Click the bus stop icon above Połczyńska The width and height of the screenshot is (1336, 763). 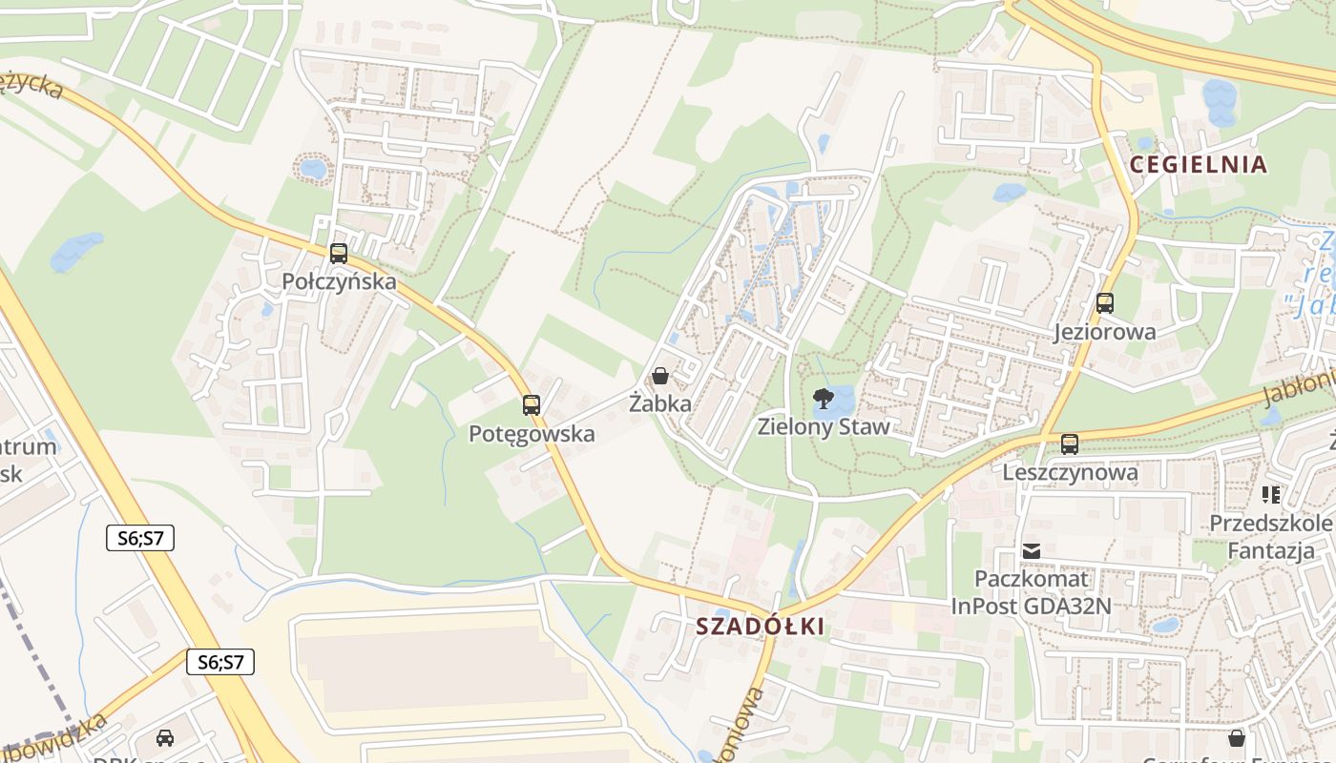(339, 254)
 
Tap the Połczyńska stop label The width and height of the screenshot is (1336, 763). (339, 281)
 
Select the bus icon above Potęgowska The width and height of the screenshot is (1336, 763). (532, 405)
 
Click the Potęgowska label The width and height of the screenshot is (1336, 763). (532, 434)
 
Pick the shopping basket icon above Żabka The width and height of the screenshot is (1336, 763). (659, 376)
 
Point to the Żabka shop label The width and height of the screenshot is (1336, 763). (660, 403)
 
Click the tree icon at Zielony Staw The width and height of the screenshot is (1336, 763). (821, 398)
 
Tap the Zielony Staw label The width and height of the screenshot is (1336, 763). (824, 426)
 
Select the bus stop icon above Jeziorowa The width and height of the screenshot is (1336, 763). (1105, 303)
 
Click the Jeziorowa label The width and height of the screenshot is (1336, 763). (1105, 332)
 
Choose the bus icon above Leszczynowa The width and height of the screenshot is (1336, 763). (1070, 444)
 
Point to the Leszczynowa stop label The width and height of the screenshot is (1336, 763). (1070, 472)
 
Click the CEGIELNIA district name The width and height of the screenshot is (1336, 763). (1199, 165)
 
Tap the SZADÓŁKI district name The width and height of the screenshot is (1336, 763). (761, 627)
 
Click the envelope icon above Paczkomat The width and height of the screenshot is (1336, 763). (1032, 551)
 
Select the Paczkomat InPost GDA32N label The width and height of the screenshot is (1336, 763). (1032, 592)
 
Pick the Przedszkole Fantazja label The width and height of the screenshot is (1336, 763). (1270, 537)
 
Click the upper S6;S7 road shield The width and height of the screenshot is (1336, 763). (139, 538)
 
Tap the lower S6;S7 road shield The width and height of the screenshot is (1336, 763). (220, 662)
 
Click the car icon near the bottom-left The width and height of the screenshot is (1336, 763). (165, 737)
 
